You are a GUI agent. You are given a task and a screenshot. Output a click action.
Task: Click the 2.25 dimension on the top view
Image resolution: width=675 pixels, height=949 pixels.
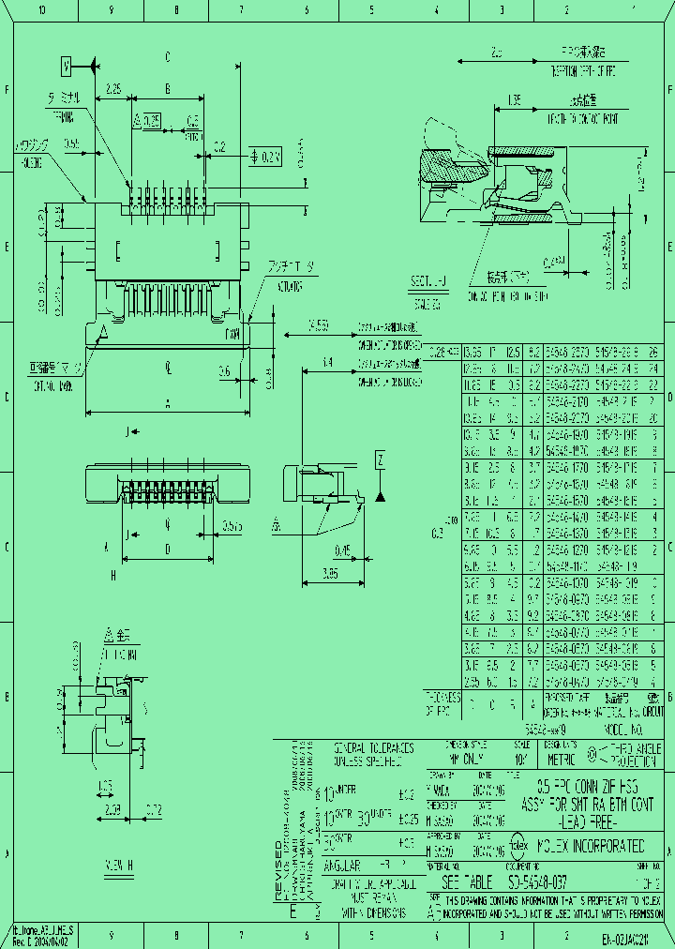tap(113, 89)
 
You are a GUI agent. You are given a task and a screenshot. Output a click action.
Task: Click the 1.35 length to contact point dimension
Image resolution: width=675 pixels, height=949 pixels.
tap(515, 99)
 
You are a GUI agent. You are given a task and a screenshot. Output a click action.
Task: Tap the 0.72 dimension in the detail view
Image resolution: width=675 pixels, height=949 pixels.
tap(154, 808)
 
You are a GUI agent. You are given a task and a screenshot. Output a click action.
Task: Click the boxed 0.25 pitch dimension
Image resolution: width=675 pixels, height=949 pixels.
tap(149, 120)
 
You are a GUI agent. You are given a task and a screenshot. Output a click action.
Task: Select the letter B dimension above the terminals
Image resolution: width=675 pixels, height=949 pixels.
tap(167, 89)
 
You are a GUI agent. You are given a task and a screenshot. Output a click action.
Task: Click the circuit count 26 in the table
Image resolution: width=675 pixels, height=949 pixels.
tap(653, 352)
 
